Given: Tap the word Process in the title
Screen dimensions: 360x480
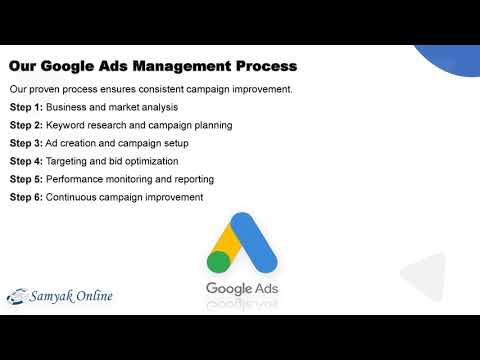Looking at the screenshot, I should tap(263, 68).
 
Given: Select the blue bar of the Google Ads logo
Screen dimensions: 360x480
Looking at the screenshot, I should tap(258, 244).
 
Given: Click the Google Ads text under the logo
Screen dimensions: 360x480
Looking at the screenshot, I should tap(239, 290).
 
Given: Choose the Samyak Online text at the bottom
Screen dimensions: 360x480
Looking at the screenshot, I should tap(73, 296).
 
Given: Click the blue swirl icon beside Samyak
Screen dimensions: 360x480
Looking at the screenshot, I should tap(19, 297).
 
